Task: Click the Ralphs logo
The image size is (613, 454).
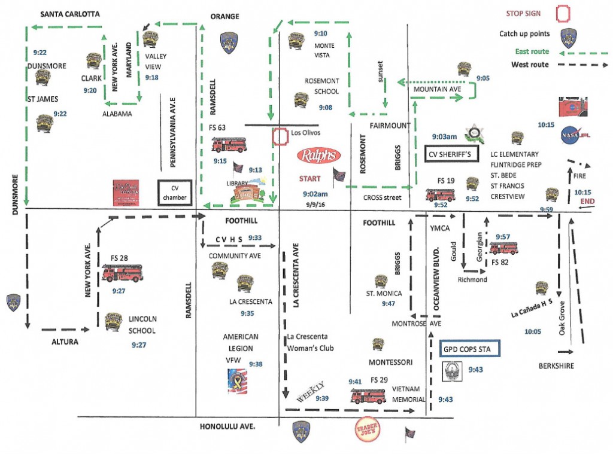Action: tap(320, 156)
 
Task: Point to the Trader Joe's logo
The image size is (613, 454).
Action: tap(366, 432)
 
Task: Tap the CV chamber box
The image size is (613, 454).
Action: tap(174, 193)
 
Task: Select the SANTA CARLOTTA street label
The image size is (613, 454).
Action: tap(69, 14)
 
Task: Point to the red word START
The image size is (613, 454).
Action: tap(310, 178)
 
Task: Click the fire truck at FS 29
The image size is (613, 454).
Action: tap(368, 396)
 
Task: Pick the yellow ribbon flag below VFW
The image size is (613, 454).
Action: tap(237, 382)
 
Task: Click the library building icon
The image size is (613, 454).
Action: tap(243, 193)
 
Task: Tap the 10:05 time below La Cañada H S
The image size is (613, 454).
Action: tap(532, 331)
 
